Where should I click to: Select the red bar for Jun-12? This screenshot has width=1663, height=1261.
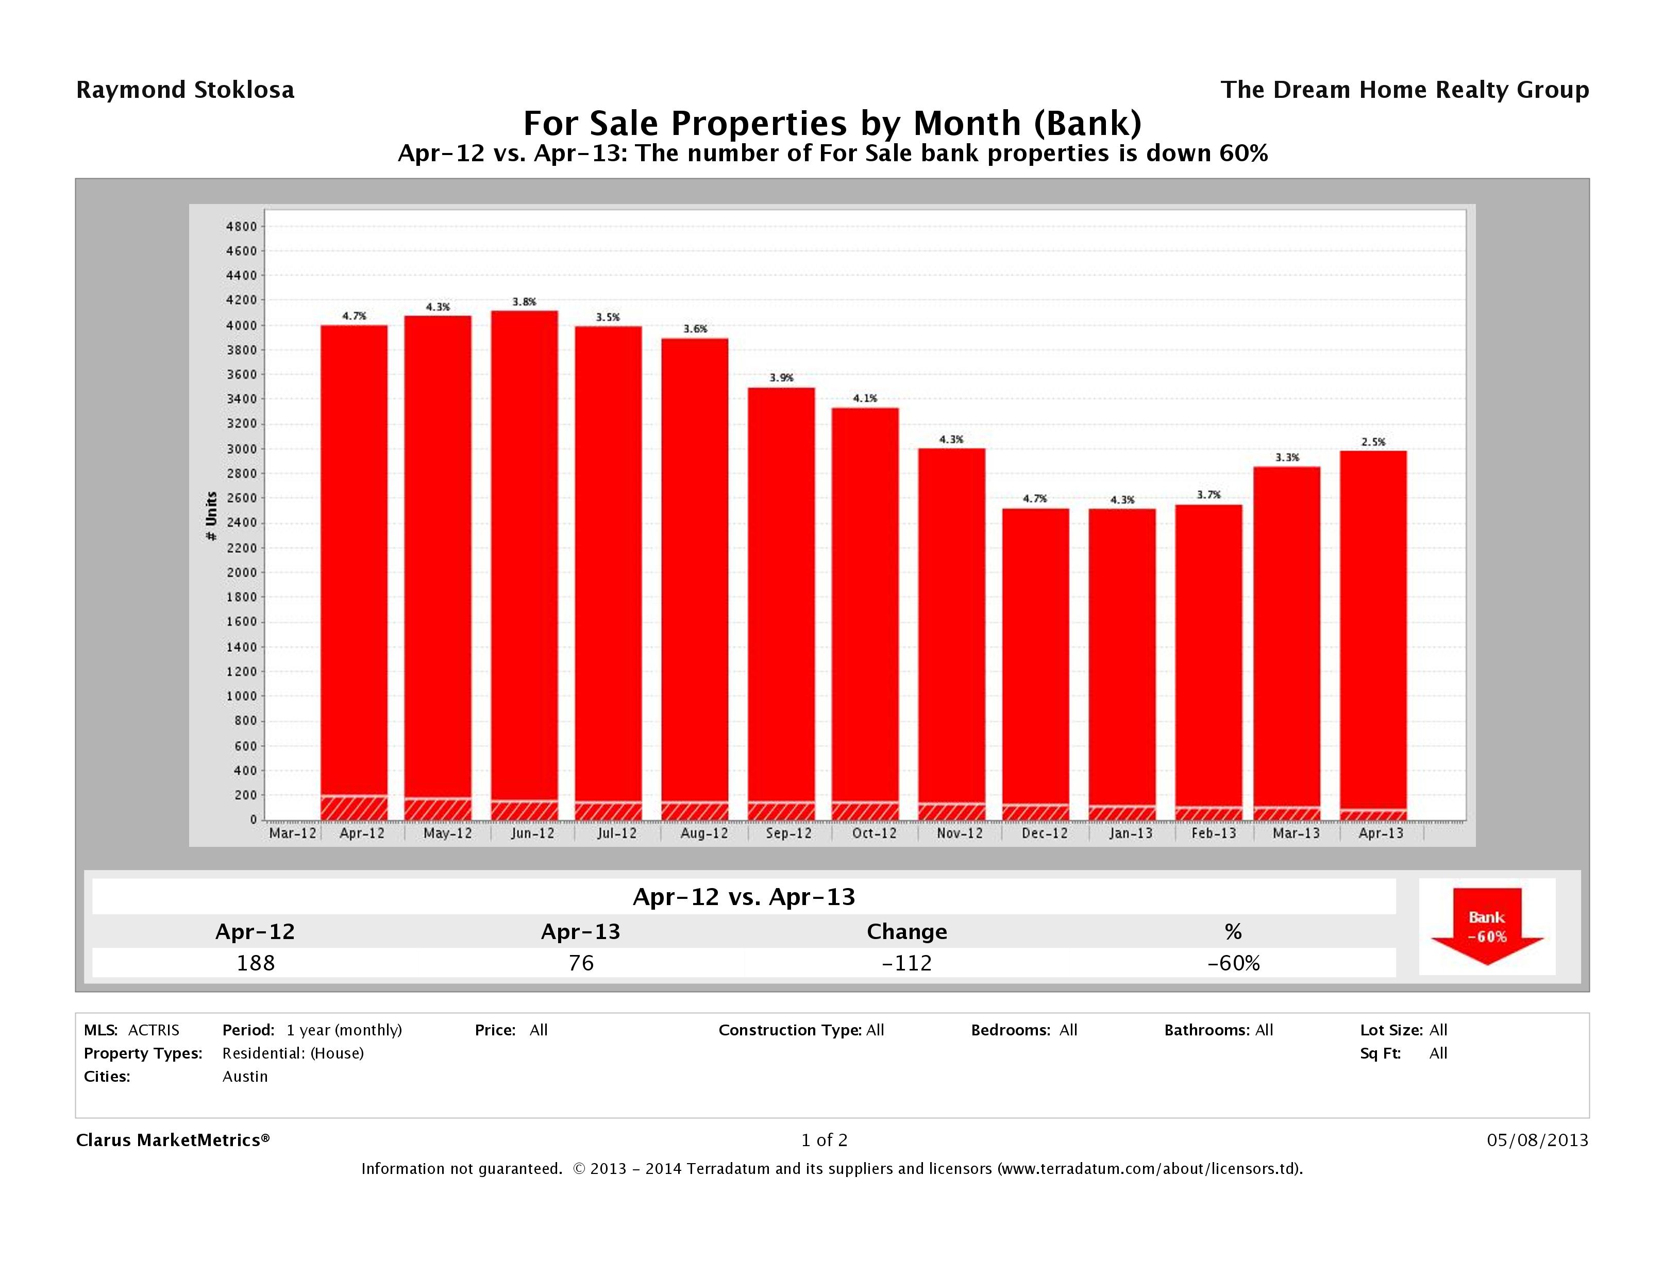pyautogui.click(x=525, y=556)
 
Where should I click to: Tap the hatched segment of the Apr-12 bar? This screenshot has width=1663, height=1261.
pyautogui.click(x=354, y=807)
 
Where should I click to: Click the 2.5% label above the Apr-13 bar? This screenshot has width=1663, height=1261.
pyautogui.click(x=1373, y=442)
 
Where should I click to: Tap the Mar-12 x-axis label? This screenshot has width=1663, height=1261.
pyautogui.click(x=292, y=833)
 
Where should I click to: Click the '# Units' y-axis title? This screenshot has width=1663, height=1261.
pyautogui.click(x=211, y=516)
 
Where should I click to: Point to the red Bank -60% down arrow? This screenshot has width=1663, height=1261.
pyautogui.click(x=1486, y=927)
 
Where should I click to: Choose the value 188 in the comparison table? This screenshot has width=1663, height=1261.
pyautogui.click(x=256, y=963)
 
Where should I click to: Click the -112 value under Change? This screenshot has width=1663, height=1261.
pyautogui.click(x=906, y=963)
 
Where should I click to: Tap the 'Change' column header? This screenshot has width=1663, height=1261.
pyautogui.click(x=906, y=932)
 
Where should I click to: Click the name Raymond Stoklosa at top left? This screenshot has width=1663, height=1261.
pyautogui.click(x=185, y=90)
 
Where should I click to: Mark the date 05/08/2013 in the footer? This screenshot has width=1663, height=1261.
pyautogui.click(x=1537, y=1140)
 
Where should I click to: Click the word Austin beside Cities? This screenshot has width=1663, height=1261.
pyautogui.click(x=245, y=1076)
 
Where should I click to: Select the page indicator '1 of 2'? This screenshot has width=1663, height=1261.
pyautogui.click(x=824, y=1140)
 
